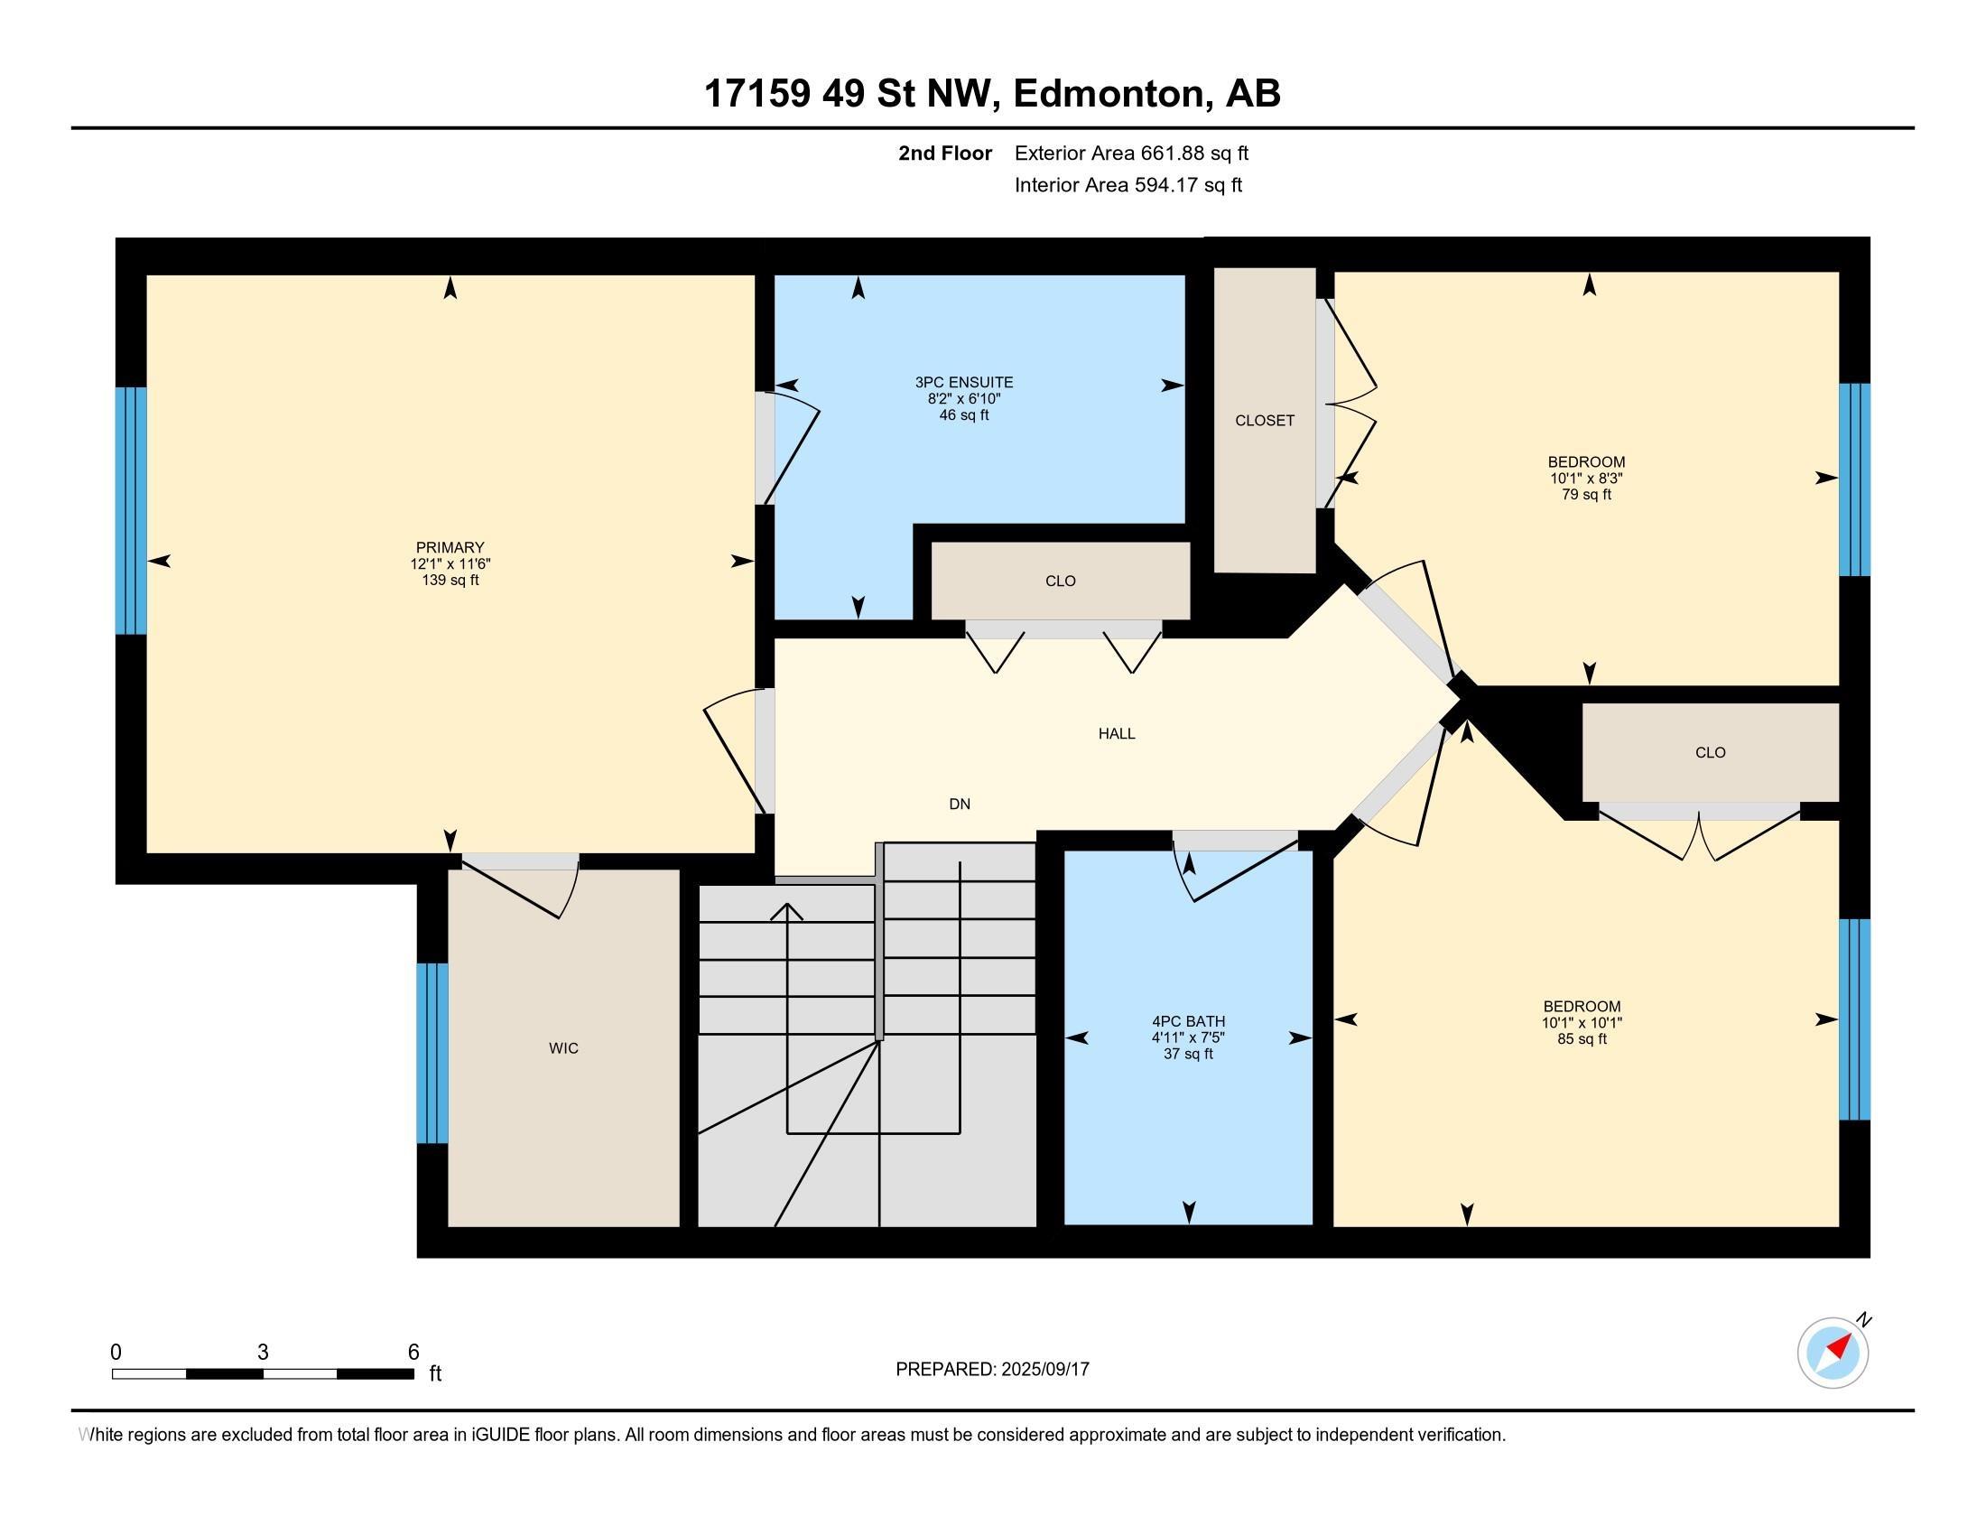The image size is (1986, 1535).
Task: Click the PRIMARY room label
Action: tap(450, 547)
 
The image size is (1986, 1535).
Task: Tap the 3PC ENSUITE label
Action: tap(964, 383)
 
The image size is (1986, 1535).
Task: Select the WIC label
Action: tap(564, 1048)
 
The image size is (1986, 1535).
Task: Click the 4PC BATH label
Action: tap(1189, 1021)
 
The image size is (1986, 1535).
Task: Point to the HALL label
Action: tap(1117, 734)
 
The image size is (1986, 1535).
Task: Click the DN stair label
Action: tap(960, 804)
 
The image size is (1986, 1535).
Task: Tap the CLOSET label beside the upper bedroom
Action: tap(1265, 420)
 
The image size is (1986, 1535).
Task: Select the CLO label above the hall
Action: tap(1061, 581)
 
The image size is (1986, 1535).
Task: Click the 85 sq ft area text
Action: tap(1582, 1039)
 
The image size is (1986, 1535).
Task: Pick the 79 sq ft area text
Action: tap(1586, 495)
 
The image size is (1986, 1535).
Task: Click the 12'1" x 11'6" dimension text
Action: tap(450, 563)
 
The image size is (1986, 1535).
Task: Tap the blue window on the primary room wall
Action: tap(131, 510)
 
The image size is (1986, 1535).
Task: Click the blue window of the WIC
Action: tap(432, 1053)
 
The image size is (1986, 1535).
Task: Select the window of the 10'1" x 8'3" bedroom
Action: tap(1854, 479)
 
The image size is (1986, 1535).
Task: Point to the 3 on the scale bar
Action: tap(263, 1353)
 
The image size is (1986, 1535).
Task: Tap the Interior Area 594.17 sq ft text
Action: tap(1128, 185)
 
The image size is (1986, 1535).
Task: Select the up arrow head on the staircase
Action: tap(786, 911)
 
